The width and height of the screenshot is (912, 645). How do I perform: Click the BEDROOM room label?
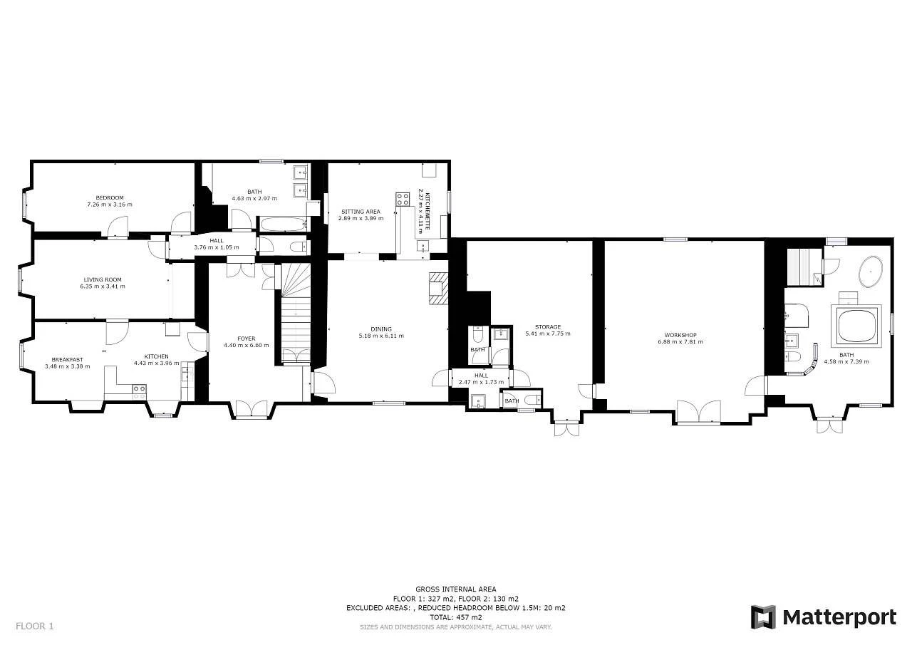(x=110, y=198)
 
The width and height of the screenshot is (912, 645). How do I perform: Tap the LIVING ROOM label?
(x=103, y=280)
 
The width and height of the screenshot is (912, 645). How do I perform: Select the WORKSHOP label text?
(x=680, y=335)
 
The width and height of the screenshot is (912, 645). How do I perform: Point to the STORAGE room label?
(x=548, y=326)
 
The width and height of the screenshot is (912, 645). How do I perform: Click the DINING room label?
(x=381, y=329)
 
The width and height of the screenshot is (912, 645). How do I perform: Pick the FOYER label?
(x=247, y=339)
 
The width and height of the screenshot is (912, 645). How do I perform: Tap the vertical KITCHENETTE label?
(x=427, y=211)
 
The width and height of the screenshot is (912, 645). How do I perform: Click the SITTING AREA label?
(x=361, y=212)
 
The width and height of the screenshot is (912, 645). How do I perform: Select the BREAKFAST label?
(x=67, y=359)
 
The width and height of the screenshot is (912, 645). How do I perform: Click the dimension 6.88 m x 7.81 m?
(x=680, y=341)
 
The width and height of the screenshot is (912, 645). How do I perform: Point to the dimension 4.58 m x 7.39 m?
(x=846, y=361)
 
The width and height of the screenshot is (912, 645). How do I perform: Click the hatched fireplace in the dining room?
(x=438, y=289)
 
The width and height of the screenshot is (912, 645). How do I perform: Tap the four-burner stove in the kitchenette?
(x=403, y=199)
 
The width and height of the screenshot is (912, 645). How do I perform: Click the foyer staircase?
(x=296, y=312)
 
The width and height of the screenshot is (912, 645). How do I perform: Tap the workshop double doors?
(x=699, y=412)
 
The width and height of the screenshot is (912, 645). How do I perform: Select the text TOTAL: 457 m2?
(x=455, y=617)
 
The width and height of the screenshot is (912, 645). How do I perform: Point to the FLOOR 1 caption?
(x=35, y=626)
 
